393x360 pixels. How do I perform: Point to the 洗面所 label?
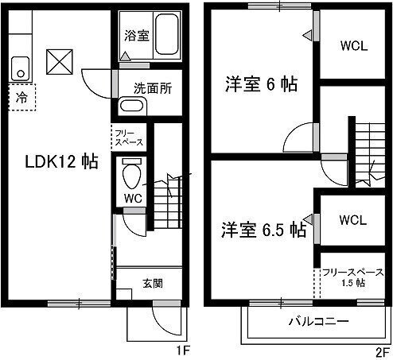tap(149, 89)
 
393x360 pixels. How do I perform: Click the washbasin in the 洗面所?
tap(129, 106)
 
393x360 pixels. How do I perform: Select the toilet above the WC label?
tap(132, 172)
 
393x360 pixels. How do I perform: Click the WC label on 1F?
tap(131, 197)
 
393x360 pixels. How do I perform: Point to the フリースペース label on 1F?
tap(128, 137)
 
